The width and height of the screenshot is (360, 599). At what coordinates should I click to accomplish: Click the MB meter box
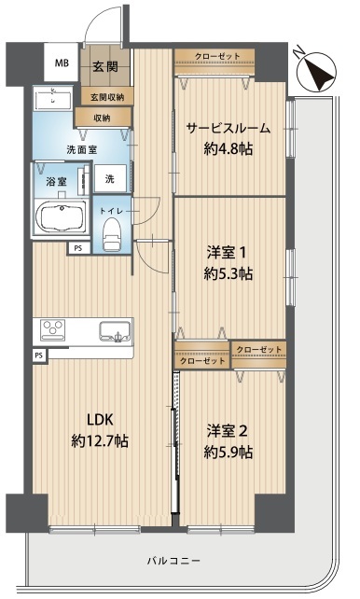[61, 62]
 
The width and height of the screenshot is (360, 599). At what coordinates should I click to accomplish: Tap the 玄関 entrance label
[105, 67]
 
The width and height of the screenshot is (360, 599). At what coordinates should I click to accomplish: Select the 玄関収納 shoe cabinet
[107, 96]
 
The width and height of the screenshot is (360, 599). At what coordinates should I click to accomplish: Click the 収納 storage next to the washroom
[103, 118]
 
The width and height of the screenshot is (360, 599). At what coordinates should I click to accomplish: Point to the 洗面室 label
[82, 149]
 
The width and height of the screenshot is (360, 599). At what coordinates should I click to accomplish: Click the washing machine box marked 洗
[110, 178]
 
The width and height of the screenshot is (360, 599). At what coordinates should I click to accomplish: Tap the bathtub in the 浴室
[61, 217]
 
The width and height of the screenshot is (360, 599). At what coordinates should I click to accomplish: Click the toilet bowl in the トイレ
[112, 234]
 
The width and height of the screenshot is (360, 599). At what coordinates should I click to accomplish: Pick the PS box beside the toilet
[78, 248]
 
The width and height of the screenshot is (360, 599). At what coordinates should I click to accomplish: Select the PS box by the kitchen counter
[38, 355]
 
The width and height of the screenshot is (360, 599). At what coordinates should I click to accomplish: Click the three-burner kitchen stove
[53, 329]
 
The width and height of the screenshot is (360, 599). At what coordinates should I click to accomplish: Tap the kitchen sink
[115, 331]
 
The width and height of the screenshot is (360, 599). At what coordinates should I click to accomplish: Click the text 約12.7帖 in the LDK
[100, 441]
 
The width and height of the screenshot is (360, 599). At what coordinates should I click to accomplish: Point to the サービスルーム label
[228, 128]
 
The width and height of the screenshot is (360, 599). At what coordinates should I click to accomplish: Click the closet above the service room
[215, 62]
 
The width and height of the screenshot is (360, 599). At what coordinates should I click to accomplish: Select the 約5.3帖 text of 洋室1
[228, 273]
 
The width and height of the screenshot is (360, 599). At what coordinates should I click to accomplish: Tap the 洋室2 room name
[228, 431]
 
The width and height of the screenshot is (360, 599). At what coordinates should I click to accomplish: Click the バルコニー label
[173, 561]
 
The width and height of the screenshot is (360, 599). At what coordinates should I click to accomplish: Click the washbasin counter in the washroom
[52, 99]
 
